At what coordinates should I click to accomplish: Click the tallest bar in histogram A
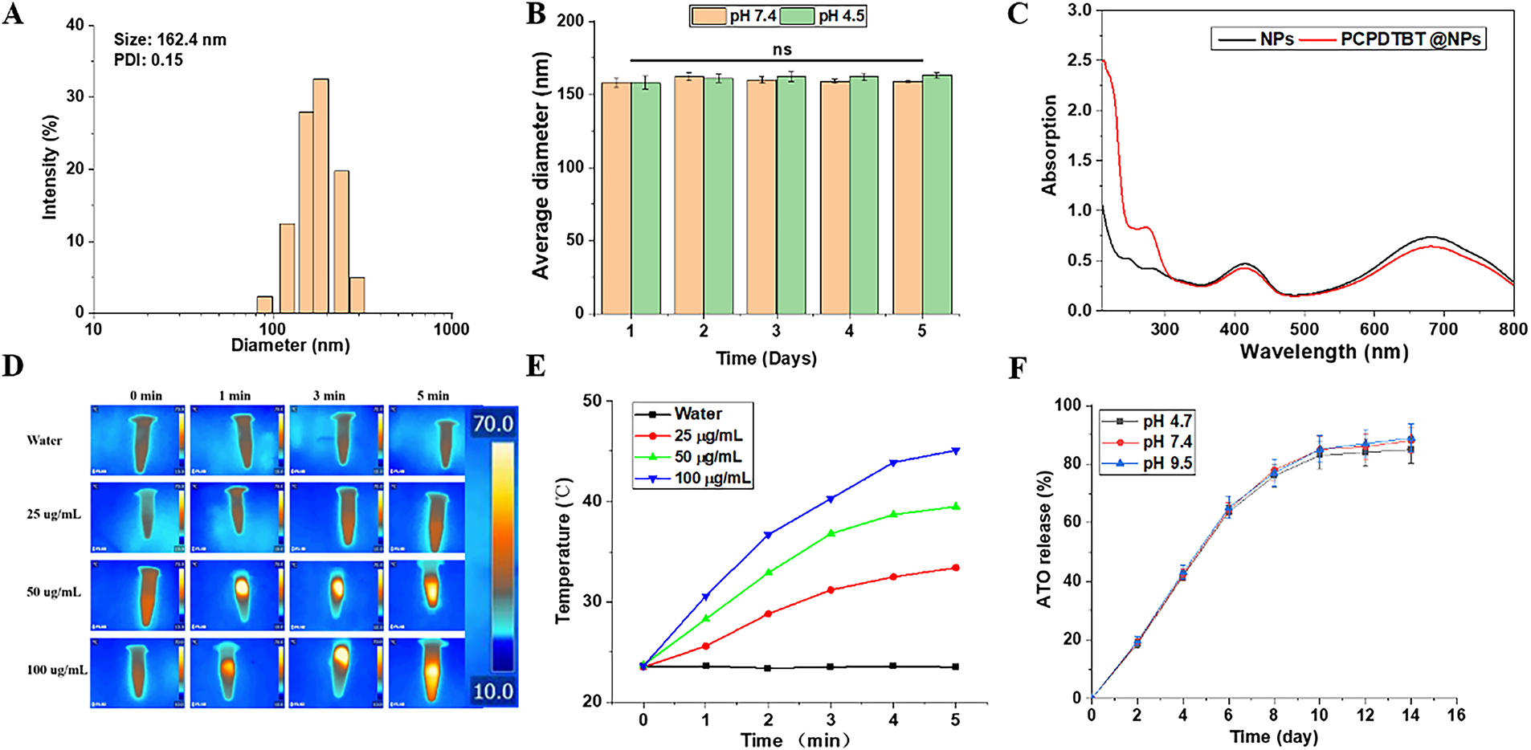coord(320,196)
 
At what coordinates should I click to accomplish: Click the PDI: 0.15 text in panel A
coord(149,60)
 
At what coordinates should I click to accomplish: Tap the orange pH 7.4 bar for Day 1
coord(616,198)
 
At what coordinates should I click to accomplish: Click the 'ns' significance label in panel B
coord(782,50)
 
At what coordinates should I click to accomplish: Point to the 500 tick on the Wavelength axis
coord(1304,329)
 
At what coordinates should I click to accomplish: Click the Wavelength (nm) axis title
coord(1324,352)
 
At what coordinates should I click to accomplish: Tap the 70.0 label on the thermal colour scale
coord(492,423)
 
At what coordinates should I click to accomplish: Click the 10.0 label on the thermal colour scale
coord(492,691)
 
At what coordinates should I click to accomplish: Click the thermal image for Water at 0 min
coord(138,440)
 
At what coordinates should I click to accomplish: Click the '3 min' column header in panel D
coord(329,396)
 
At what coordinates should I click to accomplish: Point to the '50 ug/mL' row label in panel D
coord(54,592)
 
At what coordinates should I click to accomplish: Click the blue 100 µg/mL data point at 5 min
coord(956,450)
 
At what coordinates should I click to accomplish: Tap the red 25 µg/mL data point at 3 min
coord(831,590)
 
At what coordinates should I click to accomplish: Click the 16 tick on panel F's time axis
coord(1456,715)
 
